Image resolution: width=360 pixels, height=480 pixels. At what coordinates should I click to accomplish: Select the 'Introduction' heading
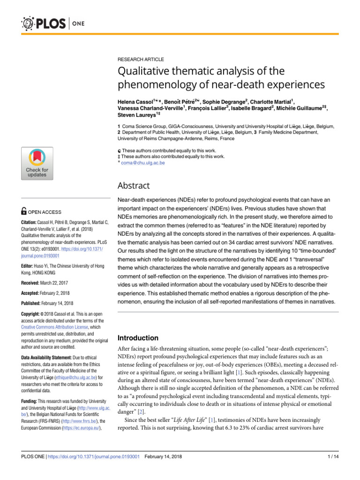click(x=140, y=337)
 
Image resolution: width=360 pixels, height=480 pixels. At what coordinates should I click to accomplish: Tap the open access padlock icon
click(x=25, y=212)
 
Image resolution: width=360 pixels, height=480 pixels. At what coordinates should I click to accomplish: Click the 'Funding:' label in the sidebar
click(x=30, y=402)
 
